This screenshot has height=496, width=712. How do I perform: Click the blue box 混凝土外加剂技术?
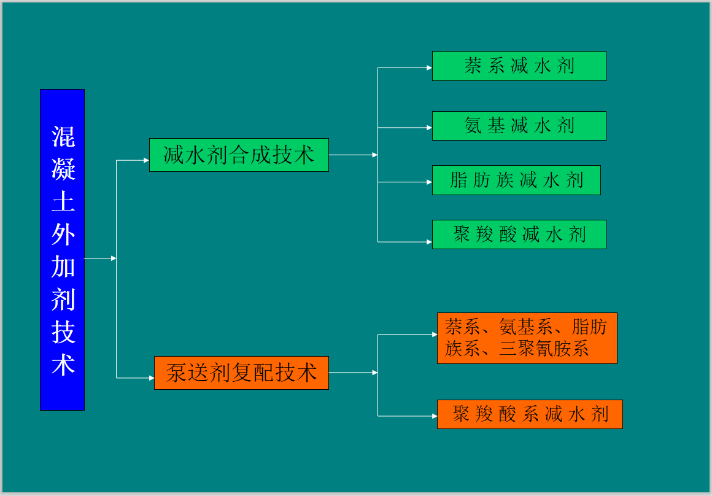(x=62, y=250)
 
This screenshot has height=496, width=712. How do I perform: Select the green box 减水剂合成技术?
(x=239, y=155)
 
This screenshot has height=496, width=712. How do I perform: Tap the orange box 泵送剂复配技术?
(x=241, y=373)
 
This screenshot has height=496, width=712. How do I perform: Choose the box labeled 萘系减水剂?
(x=519, y=66)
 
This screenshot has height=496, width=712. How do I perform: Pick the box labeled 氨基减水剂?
(x=519, y=126)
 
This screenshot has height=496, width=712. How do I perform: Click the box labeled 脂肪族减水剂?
(x=516, y=180)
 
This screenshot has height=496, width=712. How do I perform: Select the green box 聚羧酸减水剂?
(x=519, y=234)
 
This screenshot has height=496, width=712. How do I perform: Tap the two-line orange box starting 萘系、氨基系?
(x=527, y=338)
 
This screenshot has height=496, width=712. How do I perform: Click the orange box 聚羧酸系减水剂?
(x=530, y=414)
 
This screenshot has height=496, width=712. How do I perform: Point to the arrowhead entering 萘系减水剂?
(x=430, y=68)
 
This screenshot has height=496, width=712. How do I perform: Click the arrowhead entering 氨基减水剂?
(x=430, y=128)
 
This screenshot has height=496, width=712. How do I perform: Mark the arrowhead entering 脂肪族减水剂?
(x=430, y=182)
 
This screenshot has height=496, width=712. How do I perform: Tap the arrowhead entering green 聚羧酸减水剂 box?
(x=430, y=242)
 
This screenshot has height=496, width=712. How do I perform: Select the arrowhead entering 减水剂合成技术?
(x=147, y=160)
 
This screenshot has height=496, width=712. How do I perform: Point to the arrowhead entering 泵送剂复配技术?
(x=152, y=378)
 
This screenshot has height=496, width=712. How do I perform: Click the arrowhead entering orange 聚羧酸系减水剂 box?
(x=435, y=416)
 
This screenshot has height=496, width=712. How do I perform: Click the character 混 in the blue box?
(x=63, y=137)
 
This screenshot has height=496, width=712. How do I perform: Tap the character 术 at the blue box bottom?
(x=63, y=365)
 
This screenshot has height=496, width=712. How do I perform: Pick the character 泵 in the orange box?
(x=176, y=373)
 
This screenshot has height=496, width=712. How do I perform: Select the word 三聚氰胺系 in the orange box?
(x=544, y=349)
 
